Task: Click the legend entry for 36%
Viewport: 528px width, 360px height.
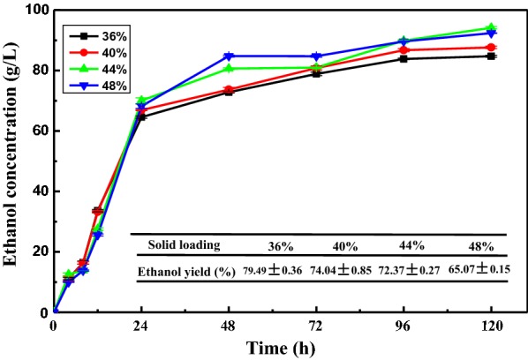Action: [88, 36]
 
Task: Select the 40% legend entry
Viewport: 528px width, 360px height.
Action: [88, 52]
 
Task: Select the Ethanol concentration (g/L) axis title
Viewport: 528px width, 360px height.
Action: [11, 161]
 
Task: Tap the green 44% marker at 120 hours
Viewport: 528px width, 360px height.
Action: [491, 28]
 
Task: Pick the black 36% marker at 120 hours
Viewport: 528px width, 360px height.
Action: [491, 56]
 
